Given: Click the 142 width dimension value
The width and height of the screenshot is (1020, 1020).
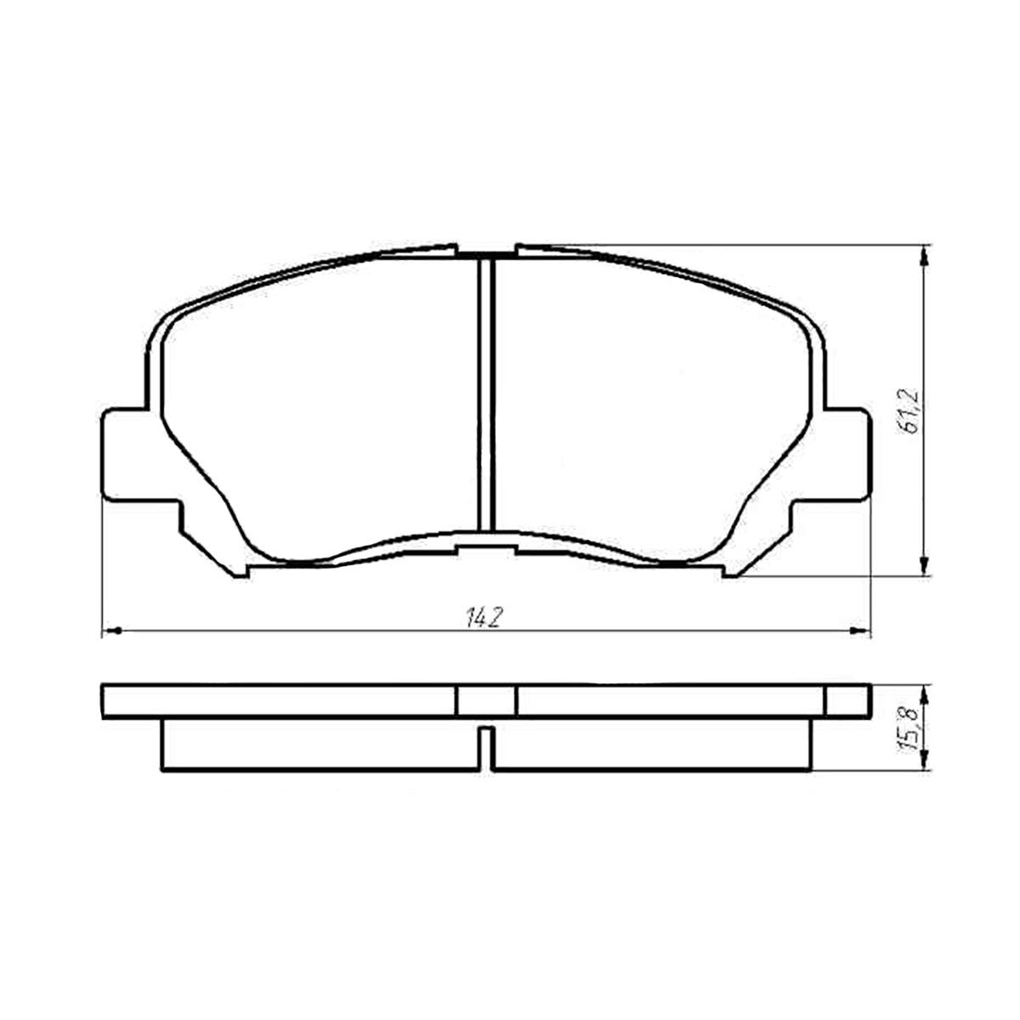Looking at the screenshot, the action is (484, 618).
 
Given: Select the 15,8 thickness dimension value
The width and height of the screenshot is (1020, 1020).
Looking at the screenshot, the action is (909, 732).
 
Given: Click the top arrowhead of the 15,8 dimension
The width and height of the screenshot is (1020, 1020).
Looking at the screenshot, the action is (924, 695).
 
